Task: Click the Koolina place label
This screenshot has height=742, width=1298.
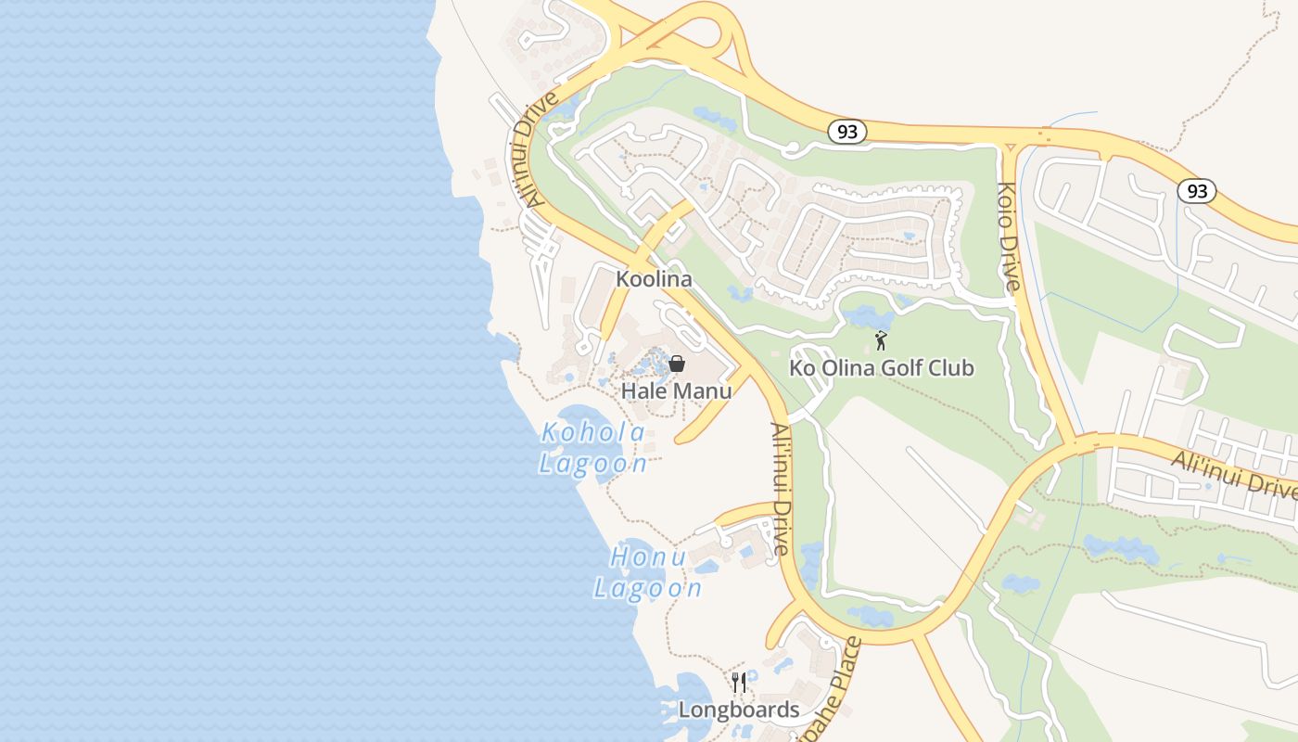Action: coord(655,279)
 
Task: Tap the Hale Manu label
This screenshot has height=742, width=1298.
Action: coord(676,390)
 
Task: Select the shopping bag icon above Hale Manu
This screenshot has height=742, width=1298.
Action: coord(677,364)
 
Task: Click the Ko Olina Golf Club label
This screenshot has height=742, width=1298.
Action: coord(881,368)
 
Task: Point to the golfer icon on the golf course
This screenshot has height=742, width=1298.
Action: coord(881,340)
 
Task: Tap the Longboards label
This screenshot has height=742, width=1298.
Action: coord(739,710)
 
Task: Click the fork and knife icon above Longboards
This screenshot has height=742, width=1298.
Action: coord(739,683)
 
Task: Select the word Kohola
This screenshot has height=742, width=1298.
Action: coord(593,432)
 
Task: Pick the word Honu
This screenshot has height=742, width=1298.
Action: coord(649,557)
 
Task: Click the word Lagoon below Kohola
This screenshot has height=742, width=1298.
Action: coord(593,464)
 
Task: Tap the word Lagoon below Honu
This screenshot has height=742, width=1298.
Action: coord(648,589)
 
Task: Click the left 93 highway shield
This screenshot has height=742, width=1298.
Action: coord(846,133)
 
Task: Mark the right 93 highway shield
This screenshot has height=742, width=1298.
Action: coord(1197,191)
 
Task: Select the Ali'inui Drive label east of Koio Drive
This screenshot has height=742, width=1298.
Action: coord(1233,474)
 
